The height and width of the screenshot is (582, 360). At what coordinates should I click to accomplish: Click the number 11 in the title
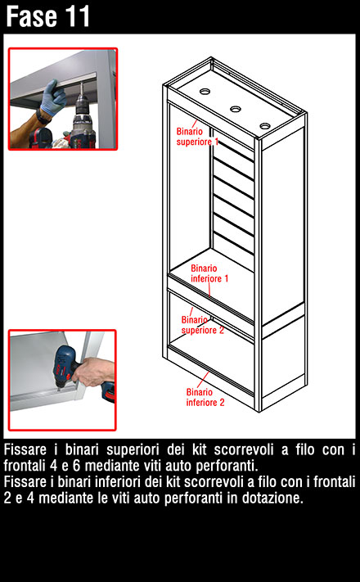click(x=77, y=16)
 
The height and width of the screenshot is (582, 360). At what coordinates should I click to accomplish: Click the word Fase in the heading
click(x=31, y=16)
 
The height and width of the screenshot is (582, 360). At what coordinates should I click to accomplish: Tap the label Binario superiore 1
click(x=197, y=137)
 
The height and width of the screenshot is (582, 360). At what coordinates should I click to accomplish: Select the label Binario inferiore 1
click(x=209, y=273)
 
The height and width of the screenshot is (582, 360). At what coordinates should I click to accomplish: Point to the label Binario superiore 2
click(x=203, y=325)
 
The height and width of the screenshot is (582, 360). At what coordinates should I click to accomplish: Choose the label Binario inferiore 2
click(x=205, y=397)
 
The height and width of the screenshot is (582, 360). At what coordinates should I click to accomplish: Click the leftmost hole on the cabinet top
click(x=205, y=91)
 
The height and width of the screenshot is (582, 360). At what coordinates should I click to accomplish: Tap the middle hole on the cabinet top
click(x=236, y=109)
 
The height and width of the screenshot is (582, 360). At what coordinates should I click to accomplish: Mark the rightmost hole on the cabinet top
click(x=265, y=126)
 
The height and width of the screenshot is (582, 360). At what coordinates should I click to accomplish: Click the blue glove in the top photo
click(x=53, y=97)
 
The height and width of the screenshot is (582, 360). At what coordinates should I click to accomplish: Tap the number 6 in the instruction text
click(x=77, y=466)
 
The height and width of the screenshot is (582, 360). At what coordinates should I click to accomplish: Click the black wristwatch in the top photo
click(x=42, y=117)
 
